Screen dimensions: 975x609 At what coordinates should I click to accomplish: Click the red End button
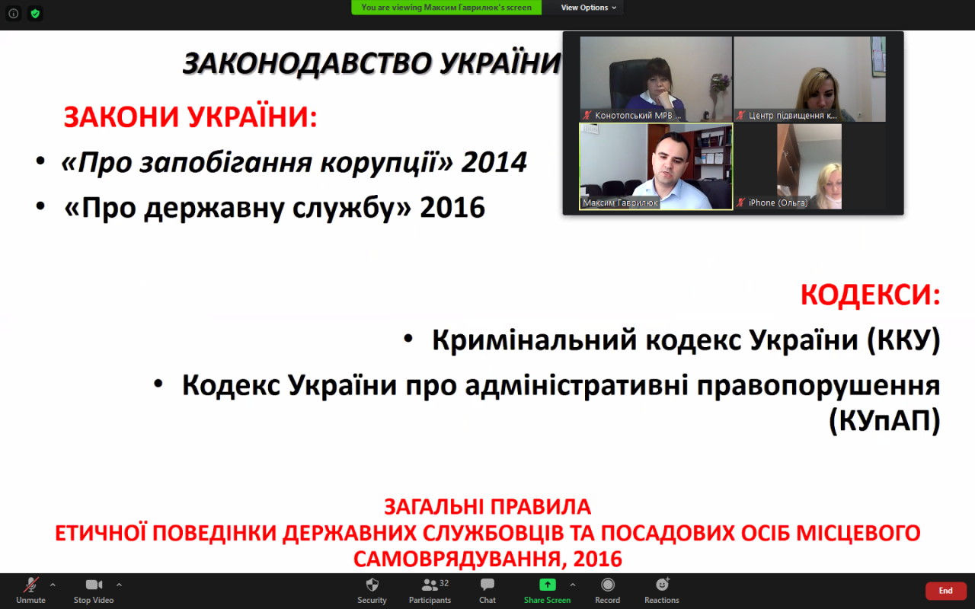coord(946,590)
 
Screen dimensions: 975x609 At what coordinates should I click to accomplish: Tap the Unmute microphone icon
coord(31,585)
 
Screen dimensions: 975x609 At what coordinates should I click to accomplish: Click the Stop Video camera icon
coord(94,585)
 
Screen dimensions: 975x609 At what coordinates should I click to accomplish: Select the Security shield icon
coord(372,585)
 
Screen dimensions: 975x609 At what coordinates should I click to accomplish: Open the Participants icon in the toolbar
coord(430,585)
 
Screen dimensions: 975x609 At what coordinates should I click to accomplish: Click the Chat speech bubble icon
coord(487,584)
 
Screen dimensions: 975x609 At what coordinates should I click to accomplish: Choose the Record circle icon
coord(608,585)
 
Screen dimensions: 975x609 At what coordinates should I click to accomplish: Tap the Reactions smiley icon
coord(663,584)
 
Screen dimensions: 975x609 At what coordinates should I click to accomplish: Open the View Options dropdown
coord(589,8)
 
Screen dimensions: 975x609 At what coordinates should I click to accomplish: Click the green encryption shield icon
coord(35,14)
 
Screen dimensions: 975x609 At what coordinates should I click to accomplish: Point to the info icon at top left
coord(14,14)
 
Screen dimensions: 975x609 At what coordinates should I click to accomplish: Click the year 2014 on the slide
coord(494,162)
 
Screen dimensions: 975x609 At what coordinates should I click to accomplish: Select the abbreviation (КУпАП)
coord(884,421)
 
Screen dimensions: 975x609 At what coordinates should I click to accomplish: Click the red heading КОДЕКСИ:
coord(871,295)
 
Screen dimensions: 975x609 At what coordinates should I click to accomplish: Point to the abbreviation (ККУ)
coord(903,340)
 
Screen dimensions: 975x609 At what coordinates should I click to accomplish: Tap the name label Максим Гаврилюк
coord(620,202)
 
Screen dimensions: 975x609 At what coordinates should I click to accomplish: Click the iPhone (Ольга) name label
coord(778,202)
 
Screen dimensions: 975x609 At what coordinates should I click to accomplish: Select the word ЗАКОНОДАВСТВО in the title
coord(308,63)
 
